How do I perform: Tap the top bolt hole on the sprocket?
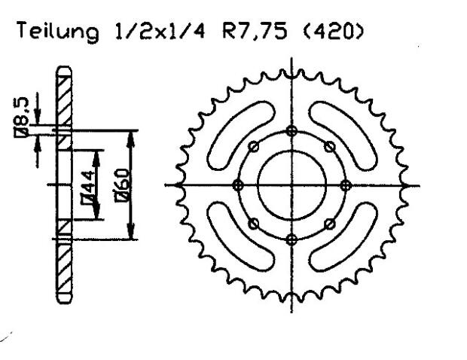coord(291,131)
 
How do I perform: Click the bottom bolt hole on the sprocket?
coord(291,239)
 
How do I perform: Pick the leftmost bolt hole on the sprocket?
coord(238,185)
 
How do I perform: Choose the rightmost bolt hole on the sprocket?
coord(345,185)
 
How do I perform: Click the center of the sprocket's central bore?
coord(291,185)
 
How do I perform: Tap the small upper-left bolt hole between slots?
coord(254,146)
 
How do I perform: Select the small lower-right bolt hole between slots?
coord(329,223)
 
